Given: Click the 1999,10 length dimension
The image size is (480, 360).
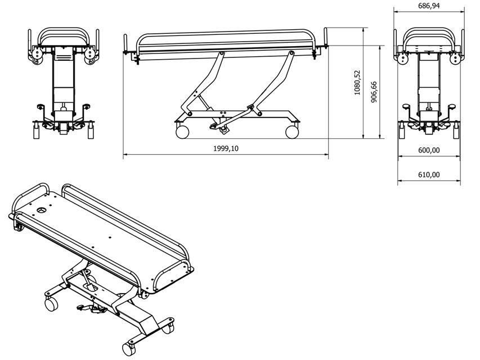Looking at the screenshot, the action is click(226, 148).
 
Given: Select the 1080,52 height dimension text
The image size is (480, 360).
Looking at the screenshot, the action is click(357, 83).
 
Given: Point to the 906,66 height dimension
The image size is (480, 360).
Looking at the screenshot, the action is click(374, 92).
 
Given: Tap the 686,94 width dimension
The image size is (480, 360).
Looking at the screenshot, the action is click(429, 6).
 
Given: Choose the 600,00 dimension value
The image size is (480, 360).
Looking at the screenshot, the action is click(429, 150).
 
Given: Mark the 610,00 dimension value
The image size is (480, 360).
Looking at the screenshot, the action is click(429, 175).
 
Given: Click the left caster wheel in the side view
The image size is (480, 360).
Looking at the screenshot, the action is click(182, 132).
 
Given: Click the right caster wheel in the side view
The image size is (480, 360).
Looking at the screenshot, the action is click(291, 132).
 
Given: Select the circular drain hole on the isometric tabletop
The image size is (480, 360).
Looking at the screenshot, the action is click(42, 210).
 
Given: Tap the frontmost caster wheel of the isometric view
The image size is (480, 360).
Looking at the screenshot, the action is click(128, 349).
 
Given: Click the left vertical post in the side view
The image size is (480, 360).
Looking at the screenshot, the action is click(125, 43).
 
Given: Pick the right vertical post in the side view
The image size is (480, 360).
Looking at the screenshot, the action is click(326, 37).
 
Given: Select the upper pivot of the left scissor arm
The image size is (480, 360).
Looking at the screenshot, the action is click(222, 54).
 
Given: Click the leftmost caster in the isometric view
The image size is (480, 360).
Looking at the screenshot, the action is click(51, 304).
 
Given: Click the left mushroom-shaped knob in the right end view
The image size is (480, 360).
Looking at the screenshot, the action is click(406, 107).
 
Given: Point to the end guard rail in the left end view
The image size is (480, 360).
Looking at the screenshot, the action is click(64, 37).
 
